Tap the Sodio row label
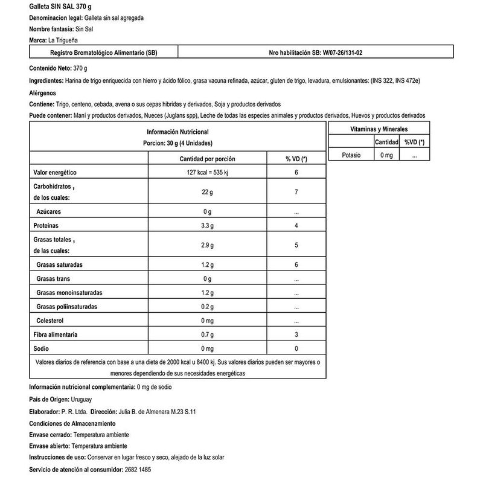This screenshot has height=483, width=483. coord(40,348)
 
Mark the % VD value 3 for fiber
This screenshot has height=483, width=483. coord(296,334)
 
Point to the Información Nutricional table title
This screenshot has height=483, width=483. coord(178,132)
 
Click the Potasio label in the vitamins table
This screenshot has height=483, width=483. coord(351,155)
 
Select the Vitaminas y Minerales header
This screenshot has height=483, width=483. coord(379,129)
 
